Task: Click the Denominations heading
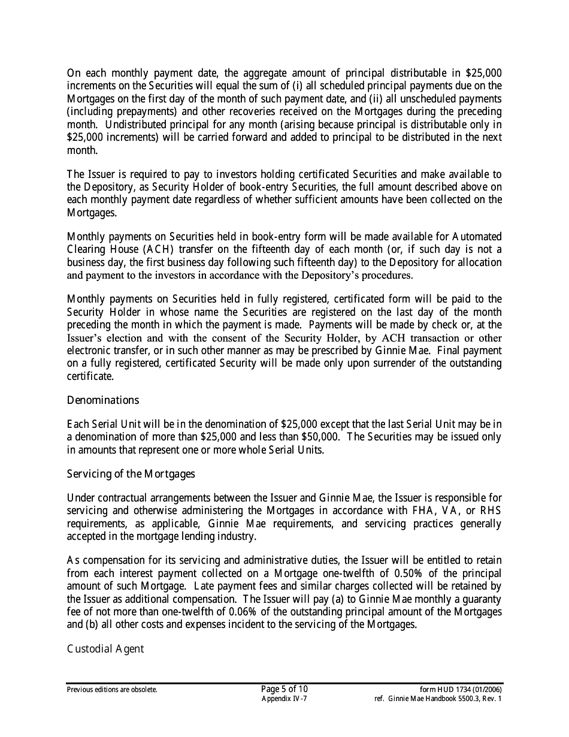[x=102, y=400]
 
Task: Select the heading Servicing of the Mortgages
[x=131, y=474]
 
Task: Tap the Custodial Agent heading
[x=105, y=649]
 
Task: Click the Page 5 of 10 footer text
[x=284, y=689]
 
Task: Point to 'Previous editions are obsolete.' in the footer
[x=112, y=690]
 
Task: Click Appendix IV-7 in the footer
[x=284, y=699]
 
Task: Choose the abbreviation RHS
[x=488, y=511]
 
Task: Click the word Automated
[x=473, y=237]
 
